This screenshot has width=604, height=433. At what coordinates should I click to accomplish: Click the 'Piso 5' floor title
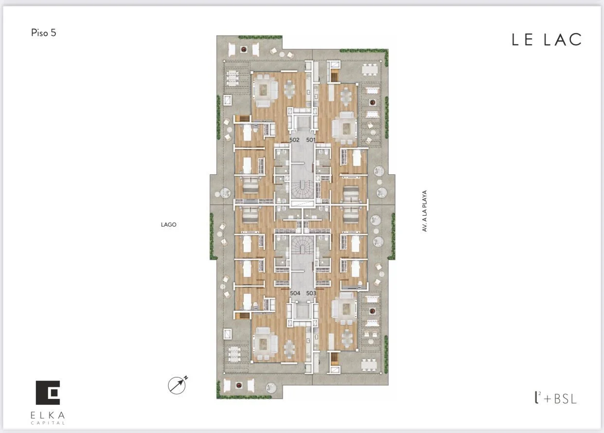click(44, 33)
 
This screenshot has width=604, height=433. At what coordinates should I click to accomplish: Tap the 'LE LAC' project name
click(547, 40)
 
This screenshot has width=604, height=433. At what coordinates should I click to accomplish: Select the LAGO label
click(169, 225)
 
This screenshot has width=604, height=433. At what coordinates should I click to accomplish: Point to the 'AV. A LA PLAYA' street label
click(425, 211)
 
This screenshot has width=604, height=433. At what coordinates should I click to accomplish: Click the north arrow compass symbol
click(177, 385)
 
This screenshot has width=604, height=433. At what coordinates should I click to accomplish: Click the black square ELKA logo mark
click(48, 393)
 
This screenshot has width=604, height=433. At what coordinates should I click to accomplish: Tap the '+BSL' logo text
click(560, 399)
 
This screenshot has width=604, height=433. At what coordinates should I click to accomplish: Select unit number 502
click(294, 140)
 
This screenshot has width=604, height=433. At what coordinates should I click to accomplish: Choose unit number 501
click(311, 140)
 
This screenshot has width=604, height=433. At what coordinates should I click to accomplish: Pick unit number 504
click(295, 293)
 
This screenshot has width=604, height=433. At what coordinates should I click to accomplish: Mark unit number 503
click(311, 293)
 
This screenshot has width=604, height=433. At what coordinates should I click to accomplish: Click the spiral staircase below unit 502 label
click(302, 190)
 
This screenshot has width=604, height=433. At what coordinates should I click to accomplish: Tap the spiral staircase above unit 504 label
click(302, 245)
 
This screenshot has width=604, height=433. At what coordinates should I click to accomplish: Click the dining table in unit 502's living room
click(289, 89)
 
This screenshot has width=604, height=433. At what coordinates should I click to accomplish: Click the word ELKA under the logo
click(48, 415)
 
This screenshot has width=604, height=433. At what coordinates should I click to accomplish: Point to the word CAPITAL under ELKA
click(48, 423)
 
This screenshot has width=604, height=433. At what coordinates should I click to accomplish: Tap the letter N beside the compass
click(186, 377)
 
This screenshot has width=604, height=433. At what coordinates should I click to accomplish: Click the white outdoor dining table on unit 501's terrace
click(370, 70)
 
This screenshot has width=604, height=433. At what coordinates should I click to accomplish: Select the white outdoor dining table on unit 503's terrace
click(369, 365)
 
